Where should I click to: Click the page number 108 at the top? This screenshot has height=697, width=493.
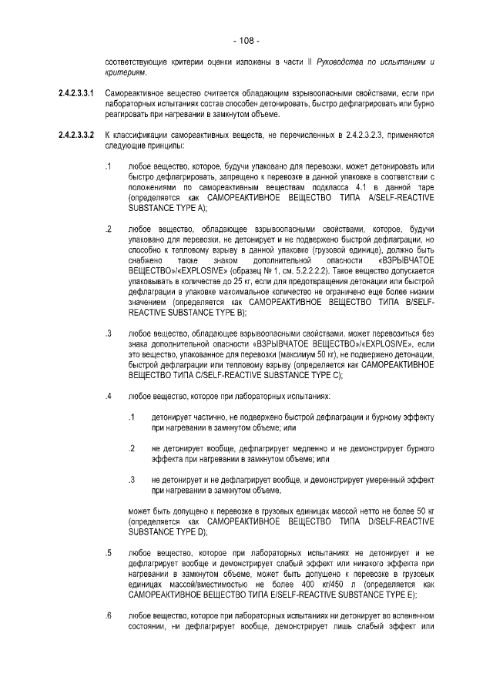246,41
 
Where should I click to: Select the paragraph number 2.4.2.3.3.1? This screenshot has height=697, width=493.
76,93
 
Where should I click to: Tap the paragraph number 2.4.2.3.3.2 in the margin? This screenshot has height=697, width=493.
76,136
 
